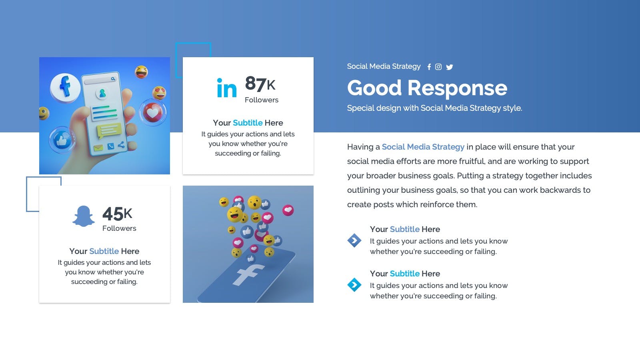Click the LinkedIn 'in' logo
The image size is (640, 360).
227,88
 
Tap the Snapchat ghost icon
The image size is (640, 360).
84,216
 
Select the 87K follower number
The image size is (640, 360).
260,84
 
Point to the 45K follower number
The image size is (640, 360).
117,214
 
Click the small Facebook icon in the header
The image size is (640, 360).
429,67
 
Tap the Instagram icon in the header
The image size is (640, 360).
438,67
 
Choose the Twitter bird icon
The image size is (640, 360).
450,67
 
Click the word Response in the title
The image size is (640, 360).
457,88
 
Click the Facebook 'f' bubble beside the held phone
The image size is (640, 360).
65,87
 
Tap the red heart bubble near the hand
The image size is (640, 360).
153,112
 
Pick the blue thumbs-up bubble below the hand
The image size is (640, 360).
62,140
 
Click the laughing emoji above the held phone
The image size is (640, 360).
142,72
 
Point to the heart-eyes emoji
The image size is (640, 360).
160,92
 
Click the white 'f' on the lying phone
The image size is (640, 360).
248,274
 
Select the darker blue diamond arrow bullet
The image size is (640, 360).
354,240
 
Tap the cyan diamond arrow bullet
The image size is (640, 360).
354,285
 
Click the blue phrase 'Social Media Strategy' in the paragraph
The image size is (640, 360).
423,147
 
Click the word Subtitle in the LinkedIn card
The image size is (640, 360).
248,123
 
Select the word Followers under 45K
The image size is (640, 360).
120,228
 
